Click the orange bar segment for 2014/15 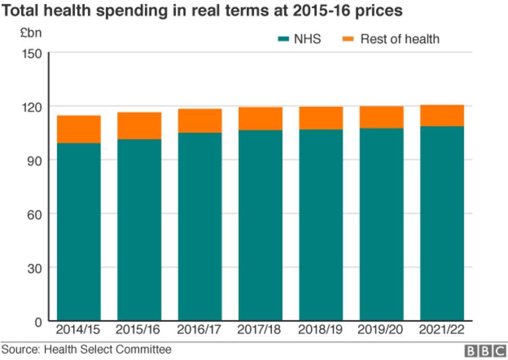pos(79,129)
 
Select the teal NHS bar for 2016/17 pos(199,227)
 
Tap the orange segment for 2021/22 pos(442,116)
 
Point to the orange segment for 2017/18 pos(260,119)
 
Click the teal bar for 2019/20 pos(382,225)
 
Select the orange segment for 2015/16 pos(139,126)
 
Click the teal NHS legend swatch pos(284,39)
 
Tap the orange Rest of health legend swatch pos(348,39)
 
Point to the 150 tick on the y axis pos(32,53)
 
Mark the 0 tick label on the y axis pos(38,321)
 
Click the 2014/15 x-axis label pos(79,330)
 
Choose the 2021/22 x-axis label pos(442,330)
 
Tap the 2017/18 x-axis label pos(260,330)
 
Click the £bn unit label pos(30,33)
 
